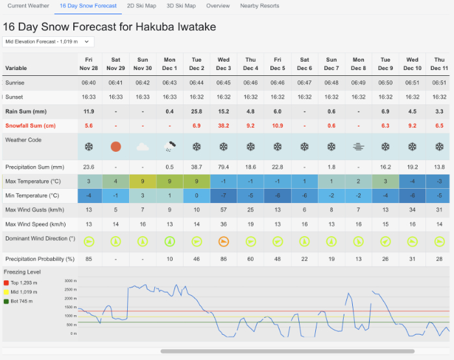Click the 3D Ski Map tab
(181, 6)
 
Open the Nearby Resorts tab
(259, 6)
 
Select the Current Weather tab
(28, 6)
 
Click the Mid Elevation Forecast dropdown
(49, 42)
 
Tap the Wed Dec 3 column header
(223, 64)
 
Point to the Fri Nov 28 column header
(89, 64)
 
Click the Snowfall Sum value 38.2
(223, 125)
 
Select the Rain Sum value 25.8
(197, 111)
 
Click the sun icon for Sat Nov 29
(115, 147)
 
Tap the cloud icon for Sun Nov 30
(143, 147)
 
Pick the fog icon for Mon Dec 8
(358, 147)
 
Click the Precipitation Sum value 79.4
(223, 167)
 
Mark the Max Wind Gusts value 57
(223, 209)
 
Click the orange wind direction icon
(223, 241)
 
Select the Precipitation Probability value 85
(89, 259)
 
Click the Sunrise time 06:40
(89, 83)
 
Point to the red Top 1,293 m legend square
(6, 283)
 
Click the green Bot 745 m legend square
(6, 301)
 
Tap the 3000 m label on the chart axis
(71, 281)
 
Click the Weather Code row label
(23, 140)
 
